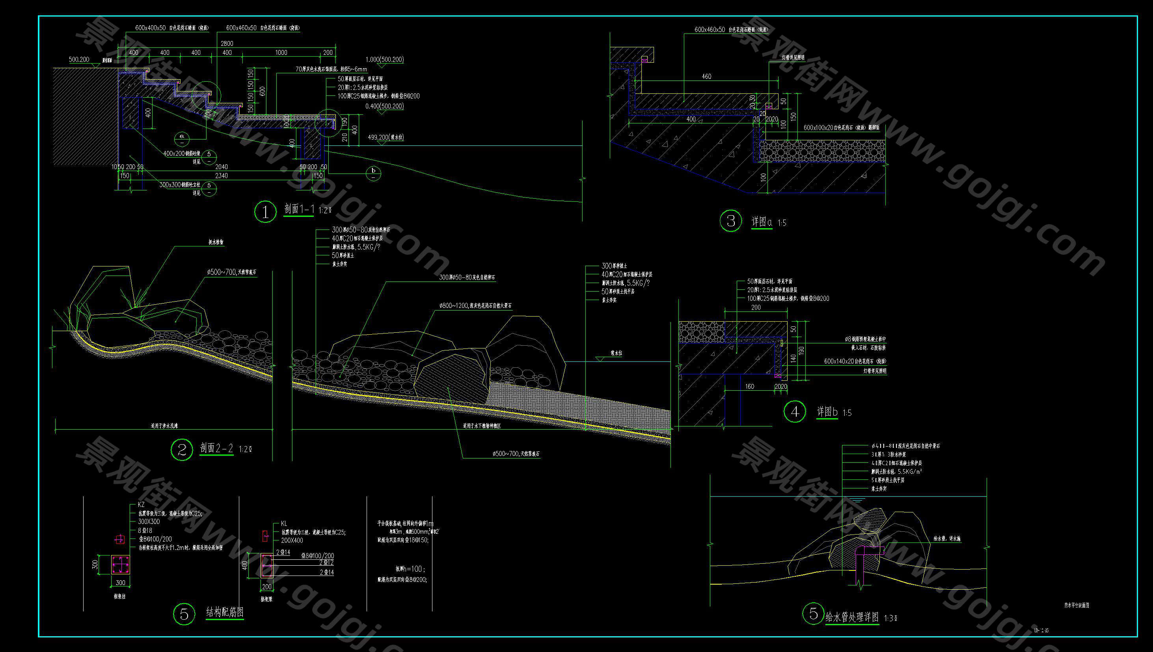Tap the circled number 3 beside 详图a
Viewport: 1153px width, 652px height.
[731, 221]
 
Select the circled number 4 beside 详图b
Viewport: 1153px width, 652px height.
[795, 412]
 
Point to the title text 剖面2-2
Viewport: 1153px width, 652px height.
[217, 448]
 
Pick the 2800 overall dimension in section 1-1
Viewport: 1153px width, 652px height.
[227, 43]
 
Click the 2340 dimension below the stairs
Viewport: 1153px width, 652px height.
[221, 175]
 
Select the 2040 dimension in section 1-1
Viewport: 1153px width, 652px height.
[221, 167]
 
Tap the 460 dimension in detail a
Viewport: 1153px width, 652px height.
[706, 76]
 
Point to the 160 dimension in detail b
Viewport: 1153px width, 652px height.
[750, 386]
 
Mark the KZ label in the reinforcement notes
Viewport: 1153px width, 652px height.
[142, 505]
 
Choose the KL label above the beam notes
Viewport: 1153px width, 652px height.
[284, 523]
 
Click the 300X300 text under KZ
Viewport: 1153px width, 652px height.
[149, 522]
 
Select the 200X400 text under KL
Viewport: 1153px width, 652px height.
[292, 540]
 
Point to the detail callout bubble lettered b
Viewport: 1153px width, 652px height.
[373, 173]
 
